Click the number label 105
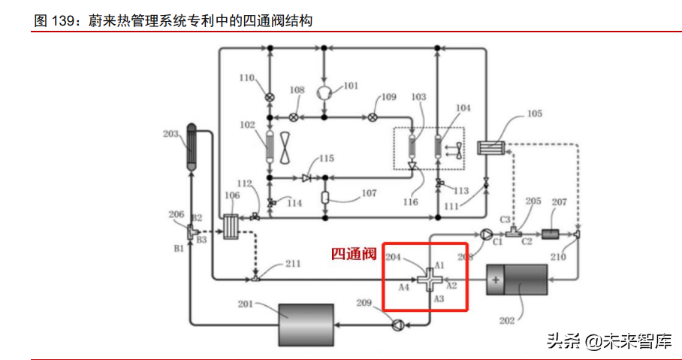point(534,114)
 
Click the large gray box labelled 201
point(306,322)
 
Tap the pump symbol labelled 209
point(397,325)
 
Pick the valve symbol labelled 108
point(294,116)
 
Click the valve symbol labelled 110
point(269,95)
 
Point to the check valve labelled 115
point(306,178)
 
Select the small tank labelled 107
point(324,198)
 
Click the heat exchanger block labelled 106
point(231,226)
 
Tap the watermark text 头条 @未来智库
point(608,341)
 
